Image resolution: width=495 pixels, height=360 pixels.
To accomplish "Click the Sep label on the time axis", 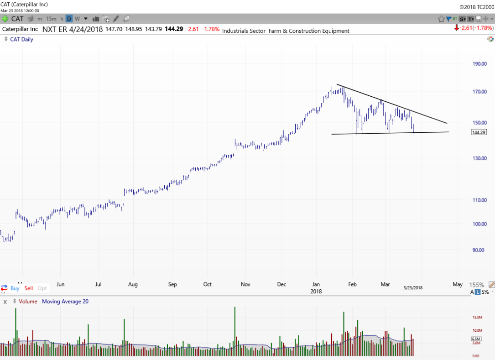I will click(172, 284).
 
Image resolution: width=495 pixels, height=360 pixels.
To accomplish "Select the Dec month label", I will click(281, 284).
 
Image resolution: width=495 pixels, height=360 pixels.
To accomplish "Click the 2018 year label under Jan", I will click(316, 291).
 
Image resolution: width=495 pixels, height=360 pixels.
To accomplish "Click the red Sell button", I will click(29, 288).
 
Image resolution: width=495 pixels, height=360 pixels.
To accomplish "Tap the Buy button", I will click(15, 288).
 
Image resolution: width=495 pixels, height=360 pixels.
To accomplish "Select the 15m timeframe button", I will click(51, 19).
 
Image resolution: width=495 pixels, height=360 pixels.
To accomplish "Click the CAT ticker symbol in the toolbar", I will click(17, 19).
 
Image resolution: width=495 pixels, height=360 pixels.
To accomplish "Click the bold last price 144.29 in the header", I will click(174, 29).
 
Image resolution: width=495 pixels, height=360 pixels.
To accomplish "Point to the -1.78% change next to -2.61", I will click(211, 29).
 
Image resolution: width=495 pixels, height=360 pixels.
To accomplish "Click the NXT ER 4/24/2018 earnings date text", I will click(73, 29).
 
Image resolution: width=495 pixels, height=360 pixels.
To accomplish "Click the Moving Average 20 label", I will click(65, 301).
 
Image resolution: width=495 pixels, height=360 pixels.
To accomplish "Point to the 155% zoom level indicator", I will click(477, 285).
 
